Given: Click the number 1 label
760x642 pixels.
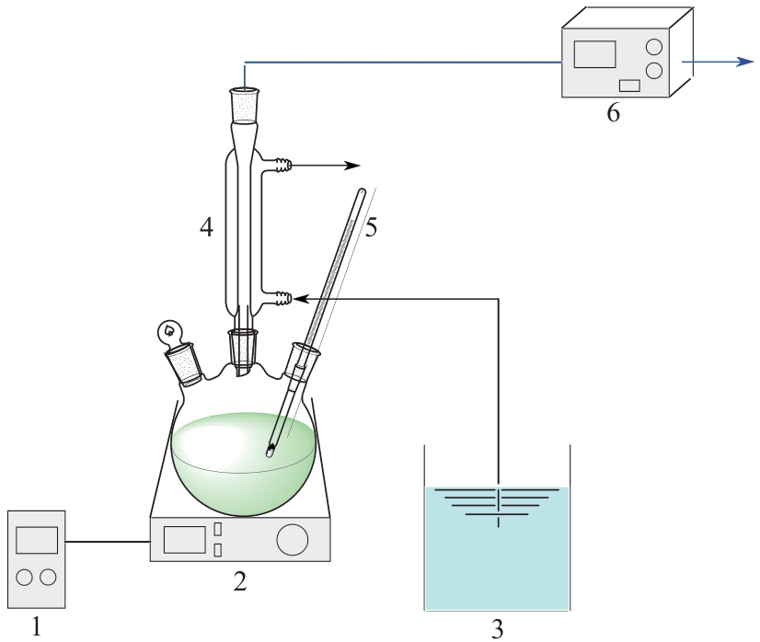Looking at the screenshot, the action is tap(37, 628).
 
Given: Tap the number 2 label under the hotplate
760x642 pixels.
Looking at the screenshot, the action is tap(240, 581).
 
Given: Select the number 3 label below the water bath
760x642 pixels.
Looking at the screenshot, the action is tap(497, 629).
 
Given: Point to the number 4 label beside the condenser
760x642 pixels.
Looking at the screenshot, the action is tap(206, 227).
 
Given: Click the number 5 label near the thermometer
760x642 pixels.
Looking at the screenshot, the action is tap(371, 227).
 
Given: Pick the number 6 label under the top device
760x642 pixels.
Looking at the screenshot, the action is tap(613, 113).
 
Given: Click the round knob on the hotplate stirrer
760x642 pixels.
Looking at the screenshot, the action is tap(293, 539).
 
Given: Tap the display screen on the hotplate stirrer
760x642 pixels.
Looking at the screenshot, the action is tap(184, 539).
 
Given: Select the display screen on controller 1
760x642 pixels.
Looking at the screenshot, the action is tap(37, 540).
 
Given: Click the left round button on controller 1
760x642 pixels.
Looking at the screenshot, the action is tap(24, 577).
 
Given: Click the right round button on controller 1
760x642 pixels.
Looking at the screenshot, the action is tap(49, 577).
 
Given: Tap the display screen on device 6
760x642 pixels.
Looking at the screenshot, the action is tap(594, 54).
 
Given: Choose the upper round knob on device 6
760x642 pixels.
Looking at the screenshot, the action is tap(654, 47).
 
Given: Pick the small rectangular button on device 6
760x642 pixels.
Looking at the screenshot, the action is tap(629, 86).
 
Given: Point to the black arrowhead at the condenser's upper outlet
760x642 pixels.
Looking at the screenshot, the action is tap(352, 166).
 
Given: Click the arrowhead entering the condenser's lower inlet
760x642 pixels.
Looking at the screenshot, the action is tap(302, 299).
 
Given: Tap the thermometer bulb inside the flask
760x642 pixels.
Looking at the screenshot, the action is tap(270, 453).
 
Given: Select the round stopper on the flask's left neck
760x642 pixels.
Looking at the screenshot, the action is tap(168, 330).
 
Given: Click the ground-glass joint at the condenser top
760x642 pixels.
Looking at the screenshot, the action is tap(245, 104).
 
